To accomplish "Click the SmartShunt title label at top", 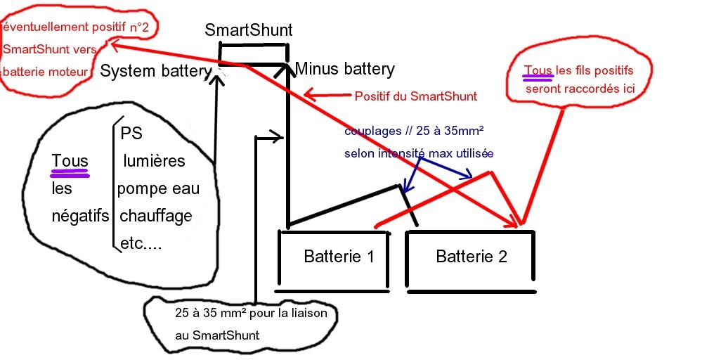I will point(248,30).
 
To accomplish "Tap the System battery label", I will point(155,70).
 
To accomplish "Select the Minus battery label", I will point(344,69).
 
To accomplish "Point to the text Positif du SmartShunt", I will point(416,96).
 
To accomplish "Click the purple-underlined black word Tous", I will point(70,161).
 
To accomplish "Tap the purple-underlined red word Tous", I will point(538,70).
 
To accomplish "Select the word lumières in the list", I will point(154,161).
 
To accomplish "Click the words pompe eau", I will point(158,188).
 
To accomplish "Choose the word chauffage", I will point(156,215).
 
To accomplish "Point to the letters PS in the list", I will point(131,134).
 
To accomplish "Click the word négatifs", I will point(80,216).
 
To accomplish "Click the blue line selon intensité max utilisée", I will point(419,153).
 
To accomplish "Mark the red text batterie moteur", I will point(46,71).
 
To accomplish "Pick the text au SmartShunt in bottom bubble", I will point(217,335).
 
